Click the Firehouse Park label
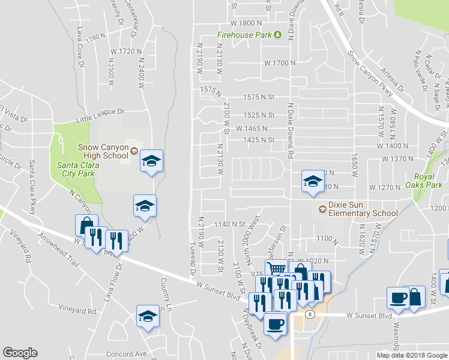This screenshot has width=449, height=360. (244, 35)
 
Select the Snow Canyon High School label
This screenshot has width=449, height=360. (103, 152)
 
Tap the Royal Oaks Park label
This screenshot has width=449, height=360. (427, 181)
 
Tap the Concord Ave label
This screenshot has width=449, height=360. (128, 353)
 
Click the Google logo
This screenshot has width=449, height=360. (20, 353)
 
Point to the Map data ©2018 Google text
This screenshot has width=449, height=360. (411, 355)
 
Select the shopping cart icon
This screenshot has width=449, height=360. (276, 271)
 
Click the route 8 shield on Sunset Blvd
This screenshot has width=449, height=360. (309, 314)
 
